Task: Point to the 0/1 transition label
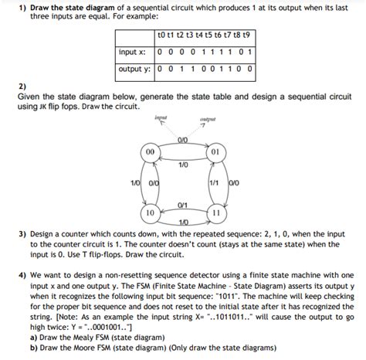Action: coord(182,204)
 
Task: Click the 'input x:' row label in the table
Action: coord(133,53)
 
